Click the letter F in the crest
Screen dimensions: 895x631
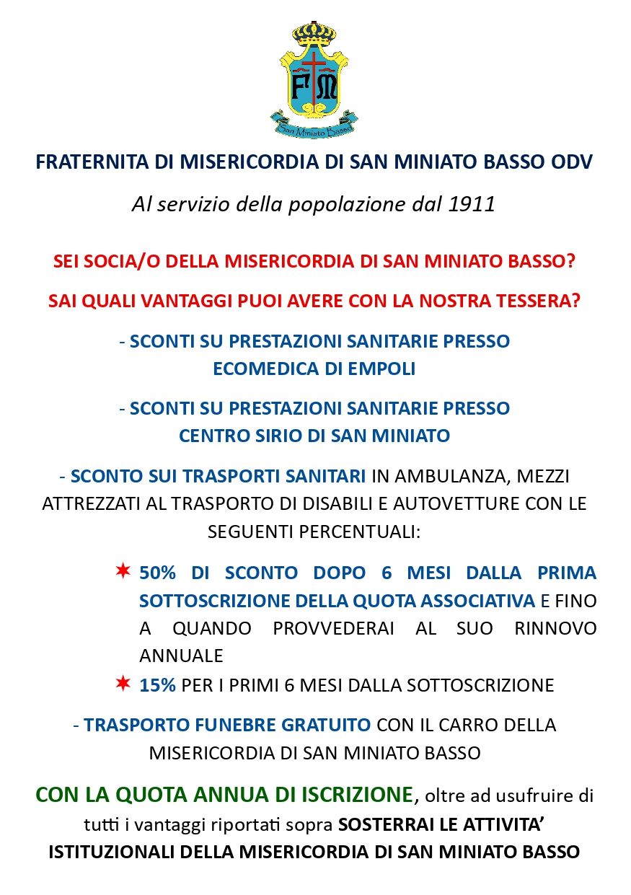pyautogui.click(x=302, y=89)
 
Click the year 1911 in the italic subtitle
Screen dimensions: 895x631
pyautogui.click(x=472, y=204)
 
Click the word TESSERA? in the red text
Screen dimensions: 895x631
pyautogui.click(x=536, y=301)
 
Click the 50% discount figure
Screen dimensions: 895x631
pyautogui.click(x=158, y=573)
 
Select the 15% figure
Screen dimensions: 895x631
pyautogui.click(x=157, y=685)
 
